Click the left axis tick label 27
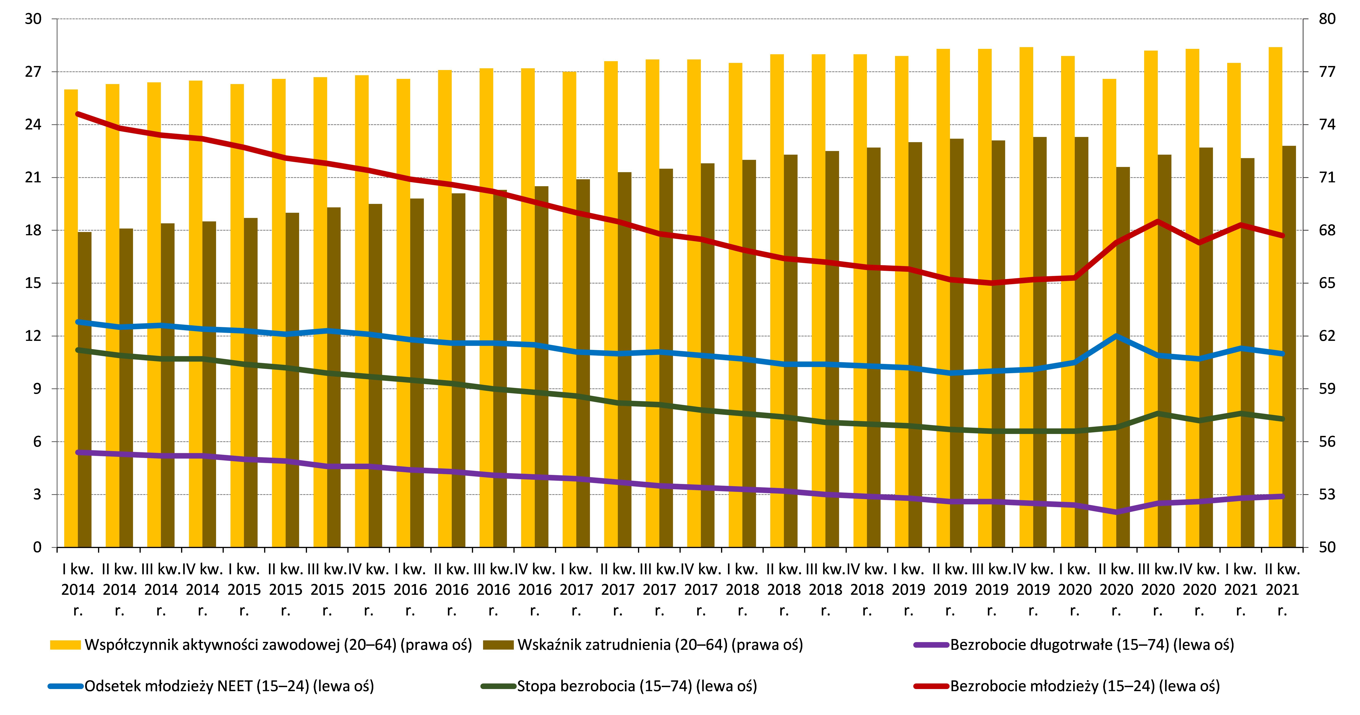tap(33, 72)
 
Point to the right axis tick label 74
tap(1327, 125)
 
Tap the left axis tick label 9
tap(37, 389)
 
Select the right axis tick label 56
tap(1327, 442)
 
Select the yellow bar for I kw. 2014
tap(71, 317)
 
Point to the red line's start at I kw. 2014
tap(78, 114)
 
